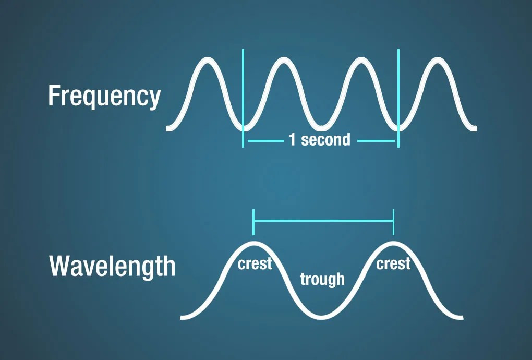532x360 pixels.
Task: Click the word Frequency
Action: (x=104, y=97)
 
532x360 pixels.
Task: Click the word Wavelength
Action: (x=112, y=267)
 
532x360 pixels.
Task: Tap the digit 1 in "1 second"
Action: (x=292, y=140)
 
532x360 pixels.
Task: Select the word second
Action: (x=325, y=140)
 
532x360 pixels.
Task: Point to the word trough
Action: (x=322, y=279)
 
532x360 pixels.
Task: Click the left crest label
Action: (x=255, y=264)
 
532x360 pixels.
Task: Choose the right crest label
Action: (x=393, y=264)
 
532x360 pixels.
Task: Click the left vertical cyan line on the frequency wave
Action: (x=243, y=94)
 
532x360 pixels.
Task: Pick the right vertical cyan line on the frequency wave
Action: (x=398, y=94)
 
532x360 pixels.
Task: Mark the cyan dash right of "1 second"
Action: (x=376, y=140)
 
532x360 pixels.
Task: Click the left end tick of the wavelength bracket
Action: (x=253, y=221)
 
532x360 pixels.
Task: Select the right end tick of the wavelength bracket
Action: (x=393, y=221)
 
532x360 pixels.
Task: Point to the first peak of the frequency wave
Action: (x=205, y=60)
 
